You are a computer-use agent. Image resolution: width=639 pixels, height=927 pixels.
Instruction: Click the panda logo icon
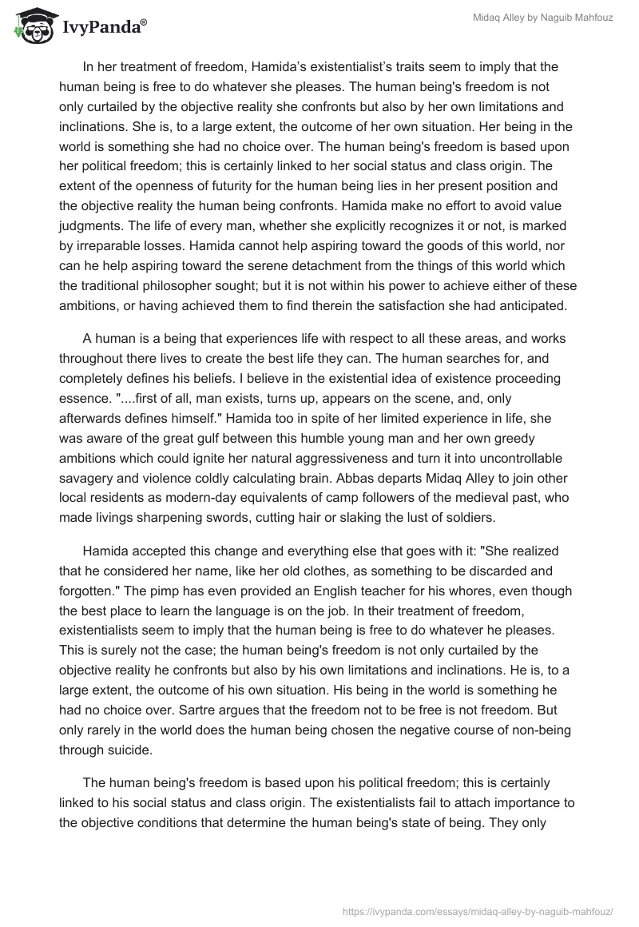pyautogui.click(x=31, y=27)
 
